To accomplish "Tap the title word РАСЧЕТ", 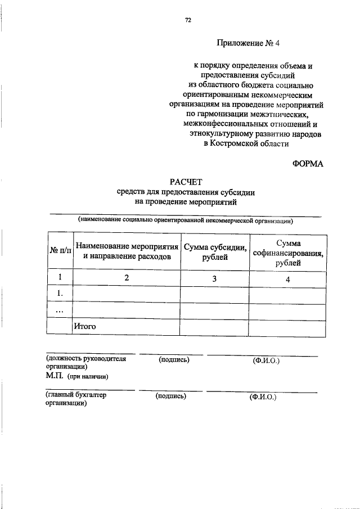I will pyautogui.click(x=185, y=181).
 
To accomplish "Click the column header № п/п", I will pyautogui.click(x=60, y=251).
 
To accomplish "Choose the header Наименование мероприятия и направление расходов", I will pyautogui.click(x=127, y=251).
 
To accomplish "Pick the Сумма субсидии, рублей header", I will pyautogui.click(x=215, y=251).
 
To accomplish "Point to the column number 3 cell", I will pyautogui.click(x=215, y=278).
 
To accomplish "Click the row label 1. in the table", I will pyautogui.click(x=60, y=294).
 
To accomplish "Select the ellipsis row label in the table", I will pyautogui.click(x=60, y=310).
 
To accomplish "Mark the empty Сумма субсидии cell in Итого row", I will pyautogui.click(x=215, y=326).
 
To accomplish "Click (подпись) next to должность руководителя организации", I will pyautogui.click(x=174, y=359).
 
